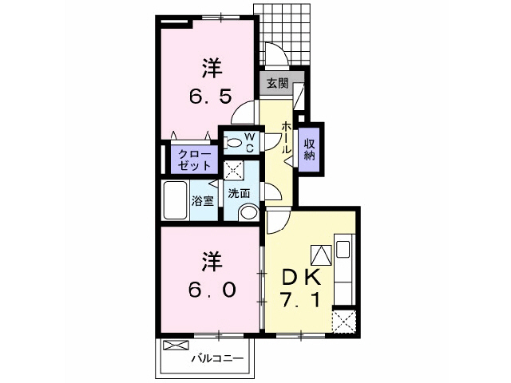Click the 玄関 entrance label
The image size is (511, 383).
[277, 82]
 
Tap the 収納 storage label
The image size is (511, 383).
[309, 145]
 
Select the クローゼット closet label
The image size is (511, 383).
[193, 159]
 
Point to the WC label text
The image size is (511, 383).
[249, 142]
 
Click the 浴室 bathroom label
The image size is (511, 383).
[203, 200]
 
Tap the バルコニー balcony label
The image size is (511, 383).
[216, 358]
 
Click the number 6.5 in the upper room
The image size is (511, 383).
[211, 97]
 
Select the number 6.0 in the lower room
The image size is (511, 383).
[211, 290]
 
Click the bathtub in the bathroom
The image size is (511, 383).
[174, 200]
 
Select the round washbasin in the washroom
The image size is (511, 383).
[248, 212]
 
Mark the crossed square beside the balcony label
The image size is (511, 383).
[173, 346]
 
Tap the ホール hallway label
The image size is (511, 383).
[286, 138]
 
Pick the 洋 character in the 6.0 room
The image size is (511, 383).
[211, 261]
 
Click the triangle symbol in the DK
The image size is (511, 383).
[320, 256]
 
